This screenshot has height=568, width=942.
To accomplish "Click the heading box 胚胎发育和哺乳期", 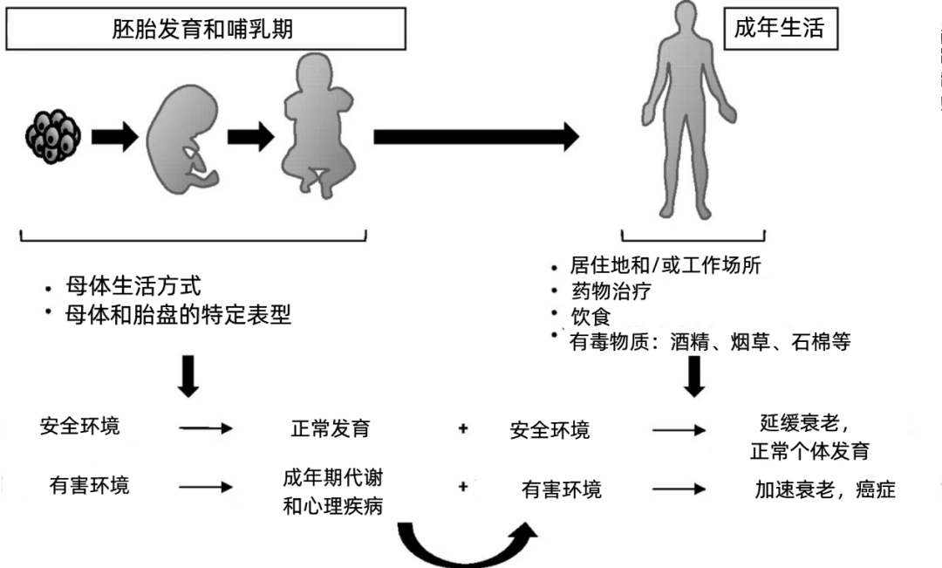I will [x=207, y=30].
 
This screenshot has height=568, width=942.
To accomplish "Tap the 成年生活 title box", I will [x=779, y=28].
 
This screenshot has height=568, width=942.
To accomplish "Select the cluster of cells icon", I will [x=54, y=135].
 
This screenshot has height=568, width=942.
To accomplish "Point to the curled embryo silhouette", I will [x=182, y=140].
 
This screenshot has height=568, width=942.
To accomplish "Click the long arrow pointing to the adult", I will [x=476, y=136].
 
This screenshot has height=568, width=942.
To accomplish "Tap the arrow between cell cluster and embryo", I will [x=114, y=136].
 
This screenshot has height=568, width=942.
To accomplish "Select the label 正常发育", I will [x=331, y=429].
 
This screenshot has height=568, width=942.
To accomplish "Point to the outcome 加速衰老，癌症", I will [x=824, y=489].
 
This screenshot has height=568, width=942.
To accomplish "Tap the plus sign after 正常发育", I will [x=463, y=429].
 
